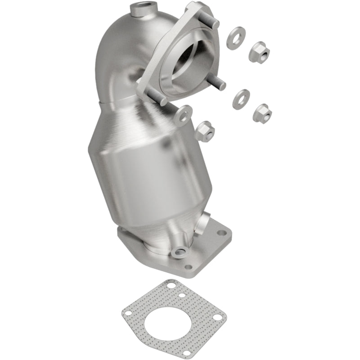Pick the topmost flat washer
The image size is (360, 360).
(x=236, y=38)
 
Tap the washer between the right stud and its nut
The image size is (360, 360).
(x=241, y=99)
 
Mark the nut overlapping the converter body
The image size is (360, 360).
(x=205, y=131)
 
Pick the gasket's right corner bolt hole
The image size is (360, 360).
(x=217, y=317)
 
